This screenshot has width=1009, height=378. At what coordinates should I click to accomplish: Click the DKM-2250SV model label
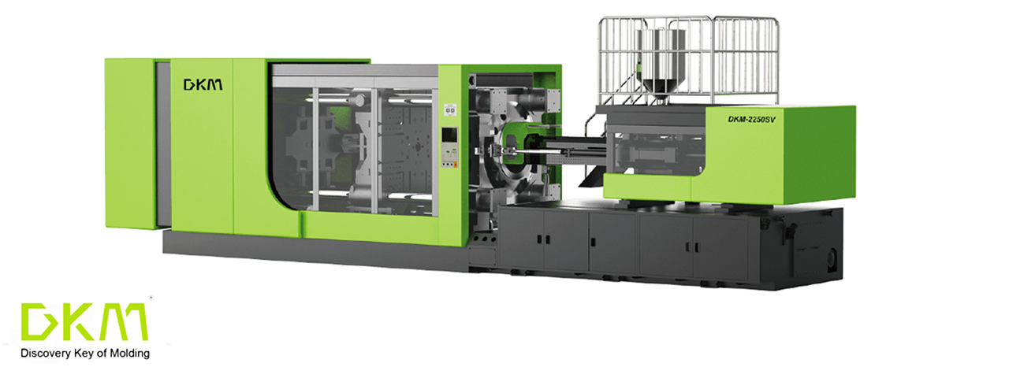[751, 119]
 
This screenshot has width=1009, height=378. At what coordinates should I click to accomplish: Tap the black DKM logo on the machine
[203, 84]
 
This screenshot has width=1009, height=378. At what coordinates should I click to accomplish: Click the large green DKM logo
[84, 321]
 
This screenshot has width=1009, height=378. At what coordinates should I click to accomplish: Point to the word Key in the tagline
[83, 354]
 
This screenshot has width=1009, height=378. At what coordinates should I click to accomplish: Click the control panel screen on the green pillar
[449, 138]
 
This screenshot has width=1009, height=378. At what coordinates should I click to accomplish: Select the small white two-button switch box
[450, 109]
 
